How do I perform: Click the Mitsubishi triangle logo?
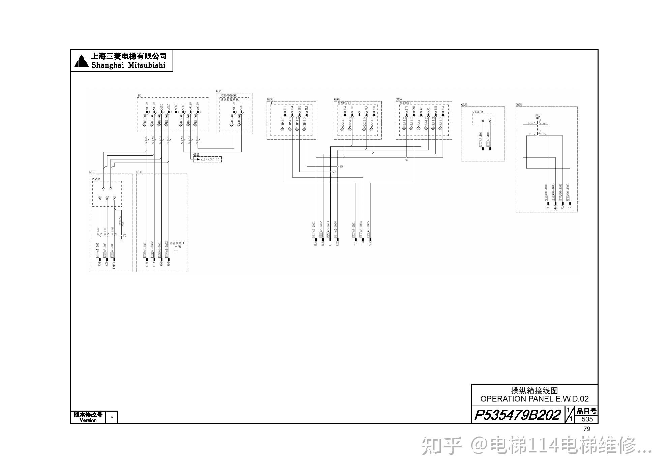coord(81,61)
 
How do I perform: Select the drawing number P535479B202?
coord(517,415)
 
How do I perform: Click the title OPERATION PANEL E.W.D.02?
coord(534,399)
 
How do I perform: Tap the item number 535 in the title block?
coord(587,419)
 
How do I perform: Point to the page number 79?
coord(586,429)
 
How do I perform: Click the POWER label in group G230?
coord(96,179)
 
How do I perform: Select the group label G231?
coord(139,172)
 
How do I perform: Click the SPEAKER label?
coord(477,112)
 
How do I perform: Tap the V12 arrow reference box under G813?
coord(207,159)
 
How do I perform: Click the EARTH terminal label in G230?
coord(114,262)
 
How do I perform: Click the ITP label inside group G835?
coord(273,102)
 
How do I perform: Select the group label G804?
coord(399,99)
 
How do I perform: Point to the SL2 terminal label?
coord(370,243)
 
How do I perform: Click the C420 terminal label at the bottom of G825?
coord(555,207)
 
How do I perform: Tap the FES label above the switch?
coord(538,116)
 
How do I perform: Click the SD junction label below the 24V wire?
coord(406,160)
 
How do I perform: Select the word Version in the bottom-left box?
coord(88,420)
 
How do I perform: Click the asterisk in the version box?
coord(112,417)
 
